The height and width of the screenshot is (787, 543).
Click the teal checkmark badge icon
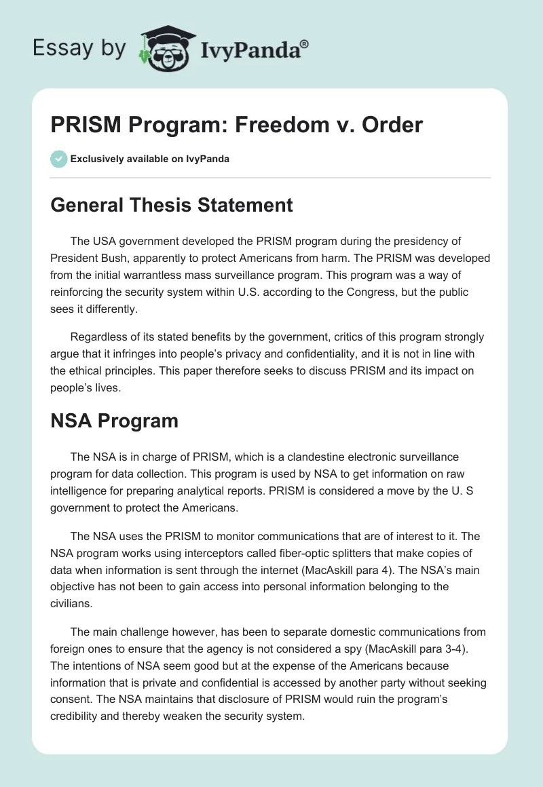[58, 159]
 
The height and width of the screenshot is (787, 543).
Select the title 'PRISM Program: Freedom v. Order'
[236, 125]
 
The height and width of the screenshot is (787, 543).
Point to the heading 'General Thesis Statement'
[172, 204]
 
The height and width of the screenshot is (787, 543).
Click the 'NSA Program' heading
[114, 421]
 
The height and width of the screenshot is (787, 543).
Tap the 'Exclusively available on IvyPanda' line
[150, 159]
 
